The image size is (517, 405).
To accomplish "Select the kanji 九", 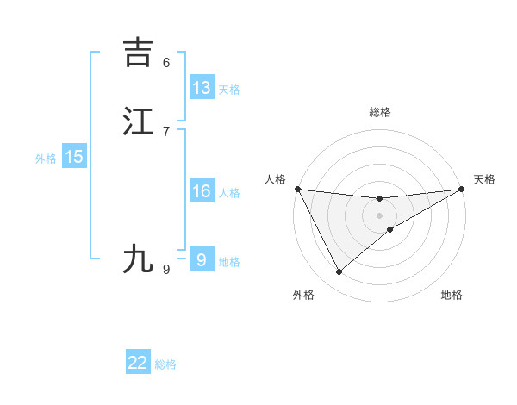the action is tap(138, 259).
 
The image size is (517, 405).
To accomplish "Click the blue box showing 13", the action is tap(202, 88).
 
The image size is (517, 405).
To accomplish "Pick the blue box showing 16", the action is tap(202, 191).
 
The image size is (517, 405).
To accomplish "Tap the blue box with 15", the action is tap(74, 157).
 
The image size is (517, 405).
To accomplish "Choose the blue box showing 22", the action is tap(138, 363).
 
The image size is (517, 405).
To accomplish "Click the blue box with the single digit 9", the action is tap(202, 259).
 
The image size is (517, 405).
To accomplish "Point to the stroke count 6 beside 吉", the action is tap(166, 62).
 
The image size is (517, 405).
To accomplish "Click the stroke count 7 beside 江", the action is tap(166, 131).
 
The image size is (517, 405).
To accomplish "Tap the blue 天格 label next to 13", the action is tap(229, 90).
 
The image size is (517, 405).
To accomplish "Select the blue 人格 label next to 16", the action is tap(229, 193).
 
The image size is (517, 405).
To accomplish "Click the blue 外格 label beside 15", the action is tap(46, 159).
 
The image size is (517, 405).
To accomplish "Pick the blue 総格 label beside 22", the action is tap(165, 364).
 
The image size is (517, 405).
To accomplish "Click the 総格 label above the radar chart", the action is tap(380, 112).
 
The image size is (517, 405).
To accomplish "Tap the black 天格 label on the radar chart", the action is tap(484, 179).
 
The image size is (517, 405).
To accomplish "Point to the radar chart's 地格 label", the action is tap(452, 295).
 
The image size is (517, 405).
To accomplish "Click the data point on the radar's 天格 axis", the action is tap(462, 189).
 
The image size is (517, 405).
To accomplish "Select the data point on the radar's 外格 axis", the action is tap(339, 272).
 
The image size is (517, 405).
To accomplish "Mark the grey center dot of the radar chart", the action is tap(380, 215).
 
